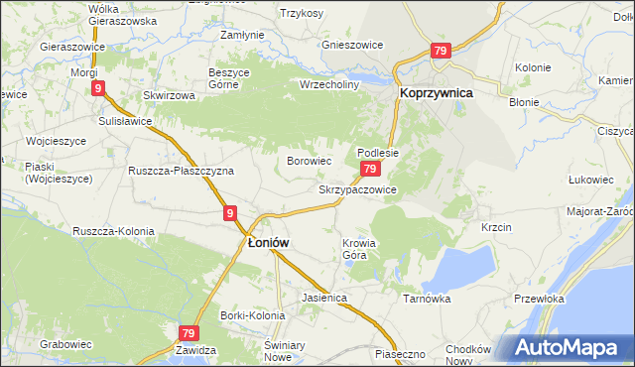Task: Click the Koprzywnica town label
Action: point(436,92)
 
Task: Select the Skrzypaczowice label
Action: point(357,188)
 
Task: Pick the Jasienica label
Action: point(323,297)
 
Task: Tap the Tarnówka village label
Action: point(427,298)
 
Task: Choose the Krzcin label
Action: point(496,227)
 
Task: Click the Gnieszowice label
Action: point(352,45)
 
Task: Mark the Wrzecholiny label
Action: point(328,84)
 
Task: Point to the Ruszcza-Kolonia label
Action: point(113,231)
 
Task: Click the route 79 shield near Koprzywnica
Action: point(442,51)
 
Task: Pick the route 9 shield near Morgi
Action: point(99,88)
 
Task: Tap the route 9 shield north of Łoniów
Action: point(230,212)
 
